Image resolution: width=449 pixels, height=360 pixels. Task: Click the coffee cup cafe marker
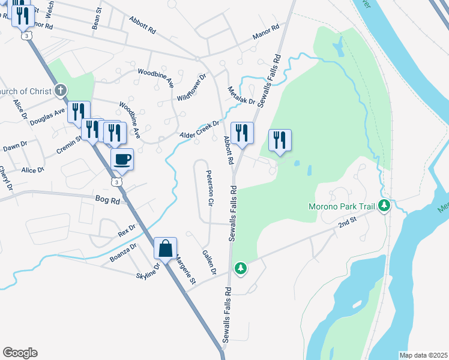click(x=122, y=160)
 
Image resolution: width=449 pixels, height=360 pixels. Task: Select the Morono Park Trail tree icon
click(x=384, y=206)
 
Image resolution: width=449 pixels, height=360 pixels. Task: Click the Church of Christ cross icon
click(x=60, y=91)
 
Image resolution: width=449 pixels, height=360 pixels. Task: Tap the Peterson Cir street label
click(x=210, y=188)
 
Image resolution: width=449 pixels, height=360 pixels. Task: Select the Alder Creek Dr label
click(x=200, y=130)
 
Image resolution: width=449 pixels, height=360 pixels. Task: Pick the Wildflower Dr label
click(x=192, y=88)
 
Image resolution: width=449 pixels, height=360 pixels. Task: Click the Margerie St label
click(x=185, y=271)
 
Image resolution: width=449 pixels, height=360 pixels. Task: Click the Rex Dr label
click(x=127, y=230)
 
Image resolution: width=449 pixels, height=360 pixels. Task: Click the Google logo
click(x=20, y=353)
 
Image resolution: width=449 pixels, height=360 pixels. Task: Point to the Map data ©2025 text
click(x=423, y=355)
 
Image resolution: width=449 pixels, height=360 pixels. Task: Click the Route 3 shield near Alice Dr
click(x=118, y=181)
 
